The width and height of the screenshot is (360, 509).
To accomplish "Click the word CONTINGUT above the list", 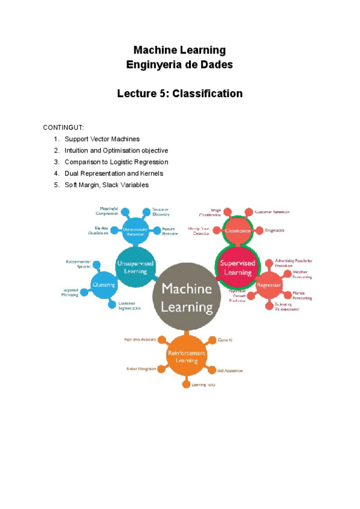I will (63, 128).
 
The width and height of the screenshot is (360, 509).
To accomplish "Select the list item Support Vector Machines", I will (102, 139).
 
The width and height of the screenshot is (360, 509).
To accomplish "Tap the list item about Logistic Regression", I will (116, 162).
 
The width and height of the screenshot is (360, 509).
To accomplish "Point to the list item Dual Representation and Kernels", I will (113, 173).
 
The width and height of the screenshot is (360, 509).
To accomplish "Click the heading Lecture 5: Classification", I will (179, 94).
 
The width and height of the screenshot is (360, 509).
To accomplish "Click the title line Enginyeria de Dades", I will (179, 64).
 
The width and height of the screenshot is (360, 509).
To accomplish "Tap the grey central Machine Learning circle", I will (187, 298).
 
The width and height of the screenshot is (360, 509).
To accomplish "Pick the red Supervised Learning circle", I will (237, 268).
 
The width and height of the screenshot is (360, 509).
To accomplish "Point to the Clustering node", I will (104, 285).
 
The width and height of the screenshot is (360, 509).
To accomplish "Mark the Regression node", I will (268, 285).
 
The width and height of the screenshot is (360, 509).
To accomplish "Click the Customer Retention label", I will (272, 212).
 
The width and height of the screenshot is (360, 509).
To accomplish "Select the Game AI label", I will (225, 340).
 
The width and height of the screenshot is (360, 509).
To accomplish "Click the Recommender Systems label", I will (79, 264).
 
